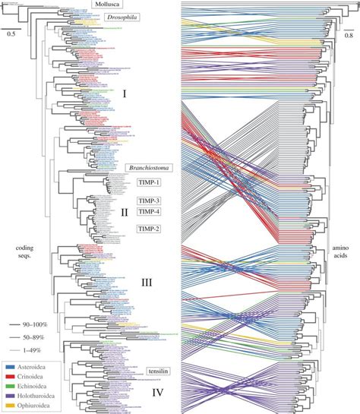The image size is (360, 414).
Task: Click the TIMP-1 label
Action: pos(149,183)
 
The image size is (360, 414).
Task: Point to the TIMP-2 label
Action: pos(149,228)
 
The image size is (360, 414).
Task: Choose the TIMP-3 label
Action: pos(149,201)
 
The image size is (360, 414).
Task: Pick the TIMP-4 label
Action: pos(149,211)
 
